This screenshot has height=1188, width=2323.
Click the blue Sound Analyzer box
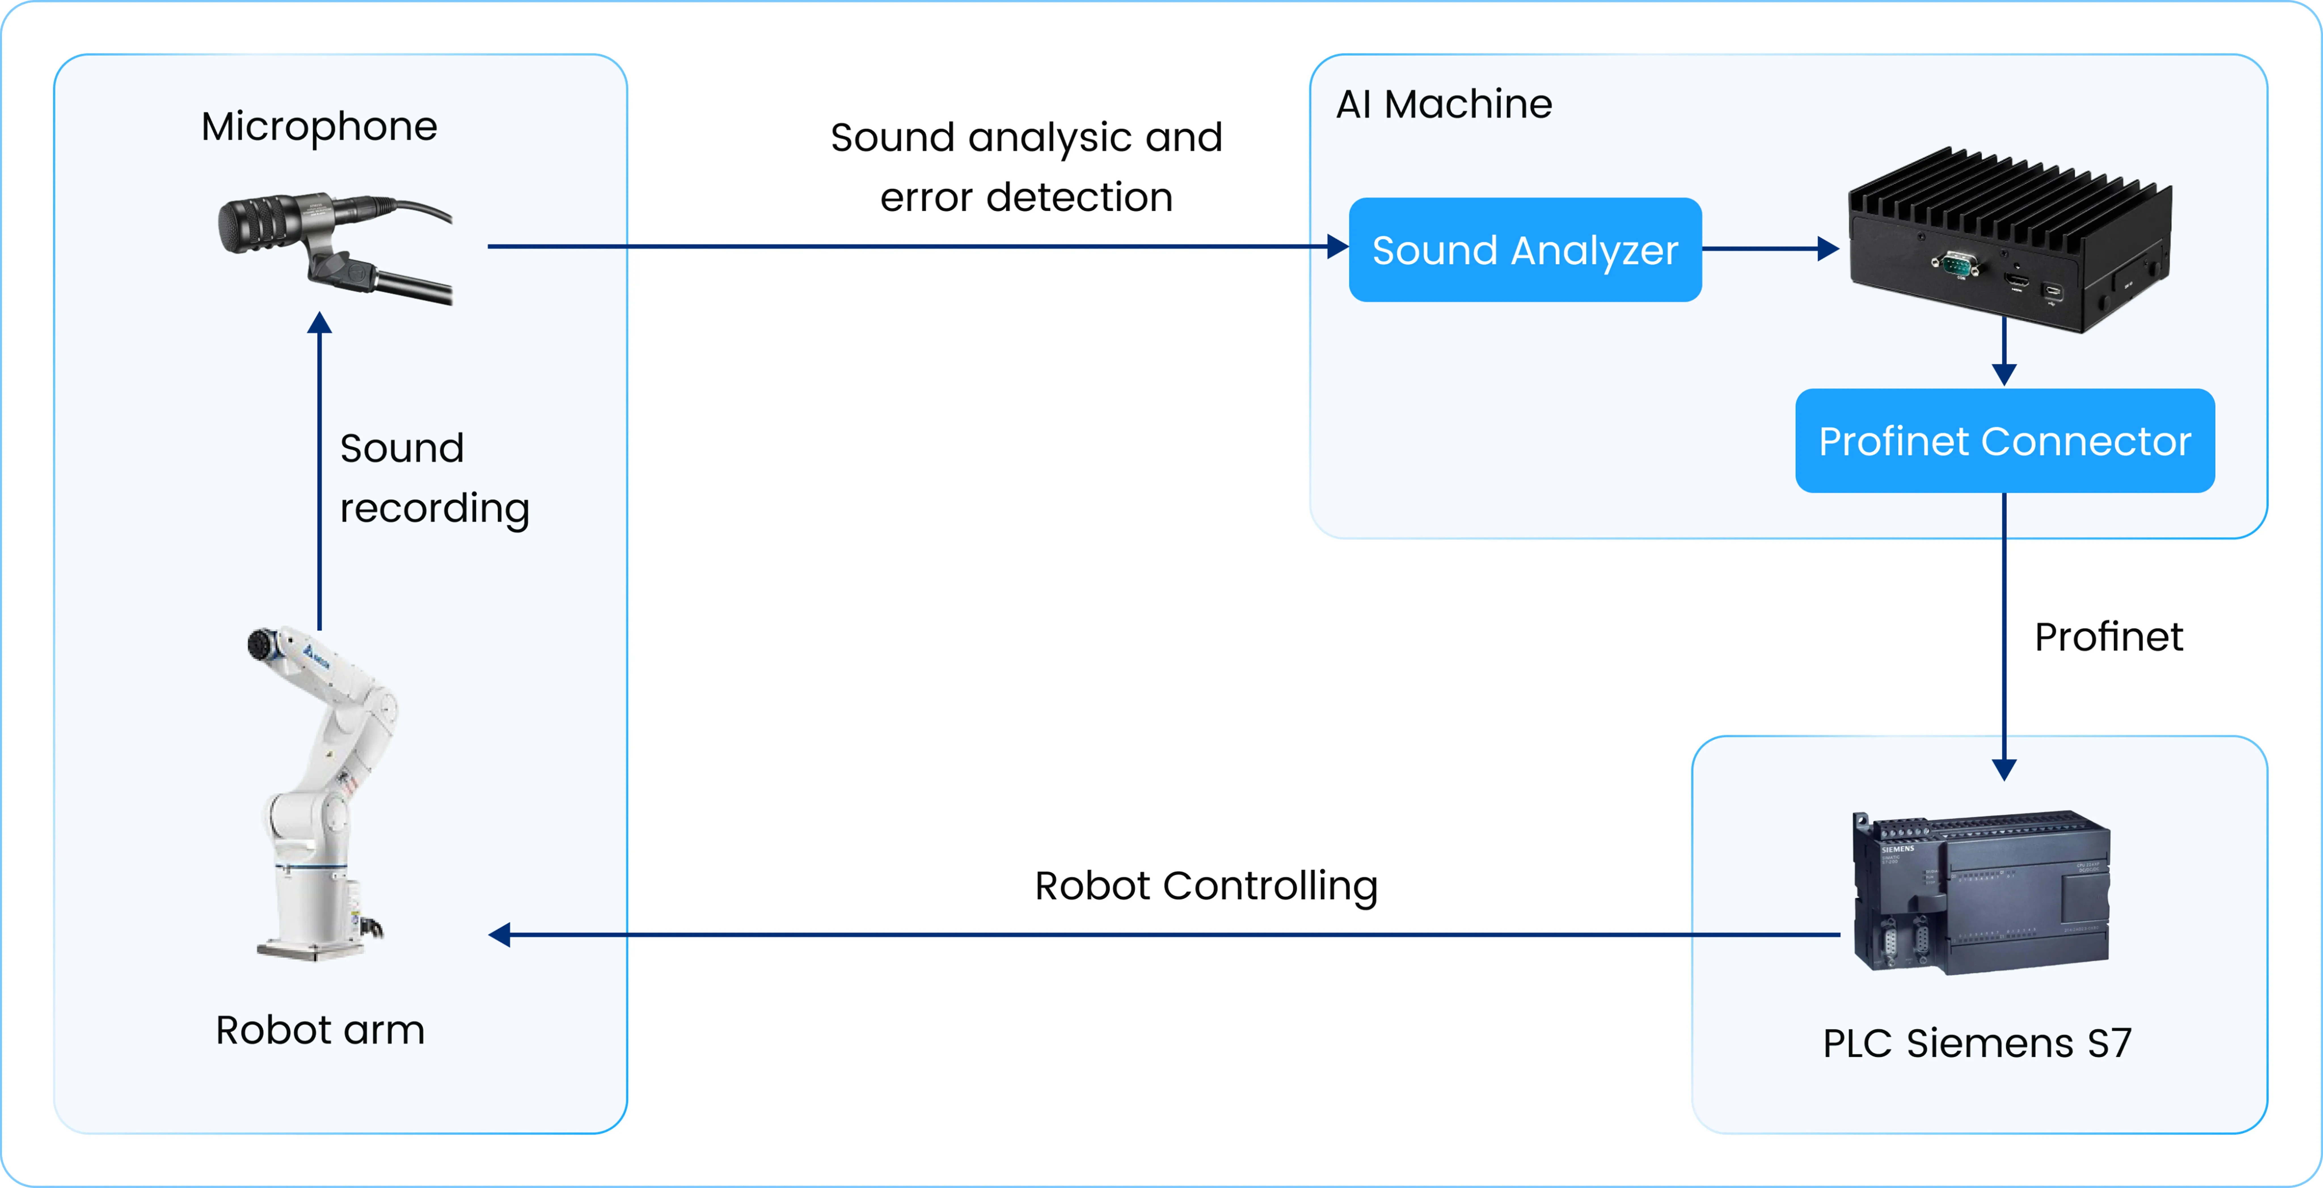click(x=1525, y=250)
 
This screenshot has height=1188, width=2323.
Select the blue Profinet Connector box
click(x=2005, y=441)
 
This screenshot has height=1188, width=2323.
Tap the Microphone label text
click(x=319, y=126)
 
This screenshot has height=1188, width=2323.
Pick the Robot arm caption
click(x=320, y=1029)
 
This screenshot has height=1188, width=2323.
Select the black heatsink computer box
click(x=2010, y=240)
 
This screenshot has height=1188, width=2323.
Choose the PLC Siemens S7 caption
click(x=1977, y=1043)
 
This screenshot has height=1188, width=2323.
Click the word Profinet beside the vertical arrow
click(x=2108, y=637)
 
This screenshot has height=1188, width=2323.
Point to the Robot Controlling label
click(x=1206, y=886)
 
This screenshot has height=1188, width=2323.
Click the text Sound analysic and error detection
click(x=1026, y=168)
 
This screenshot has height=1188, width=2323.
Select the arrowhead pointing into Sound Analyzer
click(x=1338, y=246)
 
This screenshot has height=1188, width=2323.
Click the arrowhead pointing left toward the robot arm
click(x=500, y=935)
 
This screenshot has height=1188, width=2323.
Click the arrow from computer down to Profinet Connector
click(x=2004, y=352)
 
